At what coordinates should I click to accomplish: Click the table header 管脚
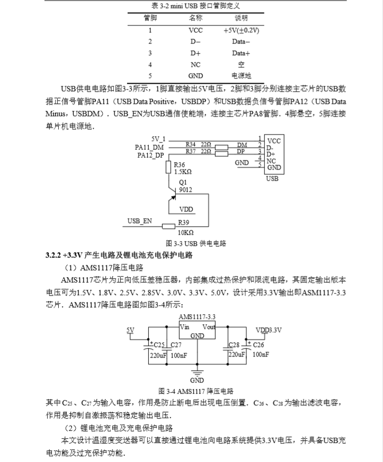pos(150,18)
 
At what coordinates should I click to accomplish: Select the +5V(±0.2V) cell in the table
pos(241,30)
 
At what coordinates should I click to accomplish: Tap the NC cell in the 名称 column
pos(195,64)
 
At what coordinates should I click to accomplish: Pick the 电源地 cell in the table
pos(241,76)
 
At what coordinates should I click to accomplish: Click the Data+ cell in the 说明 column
pos(241,53)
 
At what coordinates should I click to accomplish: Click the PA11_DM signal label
pos(150,146)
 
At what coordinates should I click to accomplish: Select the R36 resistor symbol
pos(168,167)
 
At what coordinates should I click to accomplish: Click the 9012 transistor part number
pos(186,189)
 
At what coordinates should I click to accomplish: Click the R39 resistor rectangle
pos(168,227)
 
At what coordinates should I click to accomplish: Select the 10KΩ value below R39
pos(185,232)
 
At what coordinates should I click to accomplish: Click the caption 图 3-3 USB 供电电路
pos(195,243)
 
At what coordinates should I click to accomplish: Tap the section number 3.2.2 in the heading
pos(55,255)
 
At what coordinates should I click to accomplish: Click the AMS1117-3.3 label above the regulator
pos(197,316)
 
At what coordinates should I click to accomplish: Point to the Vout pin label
pos(209,327)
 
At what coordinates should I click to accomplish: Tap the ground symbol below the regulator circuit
pos(197,372)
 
